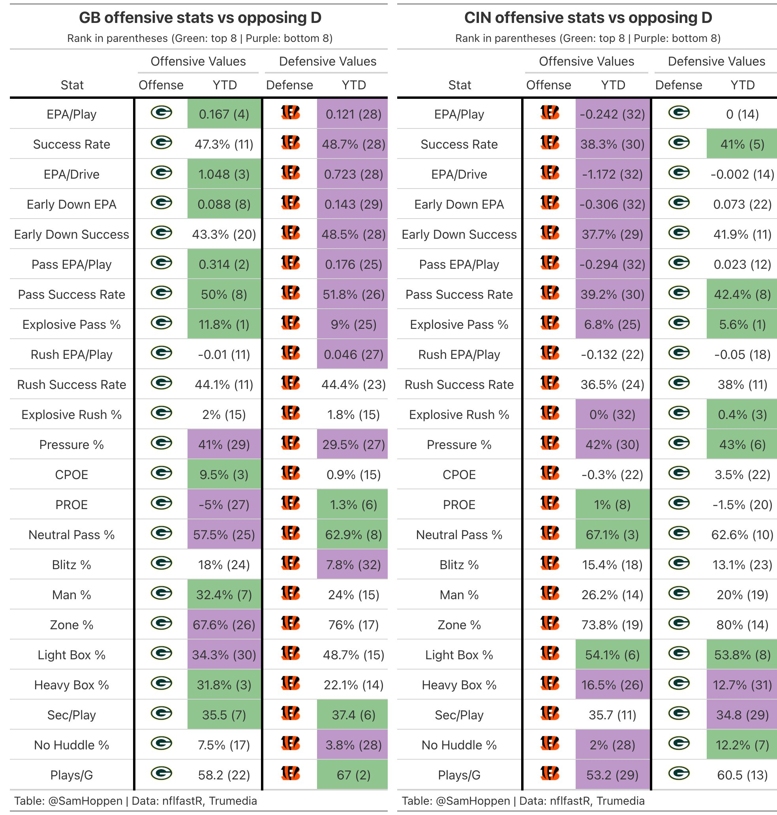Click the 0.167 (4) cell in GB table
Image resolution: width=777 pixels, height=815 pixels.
[224, 114]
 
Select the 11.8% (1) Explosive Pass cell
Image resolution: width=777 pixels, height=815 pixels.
[224, 324]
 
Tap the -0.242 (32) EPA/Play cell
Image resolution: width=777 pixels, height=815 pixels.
[612, 114]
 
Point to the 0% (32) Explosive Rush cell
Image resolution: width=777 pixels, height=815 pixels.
[612, 415]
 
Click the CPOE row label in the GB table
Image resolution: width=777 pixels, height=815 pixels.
[71, 475]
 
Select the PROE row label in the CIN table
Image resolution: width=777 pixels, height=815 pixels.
[459, 504]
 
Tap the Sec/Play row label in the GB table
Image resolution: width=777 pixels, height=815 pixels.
[71, 715]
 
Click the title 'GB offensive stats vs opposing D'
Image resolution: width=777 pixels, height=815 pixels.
[200, 18]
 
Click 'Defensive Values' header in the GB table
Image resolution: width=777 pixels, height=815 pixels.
[328, 61]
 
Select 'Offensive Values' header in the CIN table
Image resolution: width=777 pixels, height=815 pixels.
[586, 61]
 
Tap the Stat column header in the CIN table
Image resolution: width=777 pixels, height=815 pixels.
[460, 85]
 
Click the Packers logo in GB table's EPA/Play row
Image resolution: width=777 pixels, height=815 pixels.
[161, 113]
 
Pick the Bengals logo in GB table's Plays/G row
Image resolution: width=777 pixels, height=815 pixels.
[290, 773]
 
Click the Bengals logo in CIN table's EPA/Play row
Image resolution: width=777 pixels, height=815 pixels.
[550, 113]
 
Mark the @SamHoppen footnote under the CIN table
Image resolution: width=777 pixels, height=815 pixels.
[523, 801]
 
